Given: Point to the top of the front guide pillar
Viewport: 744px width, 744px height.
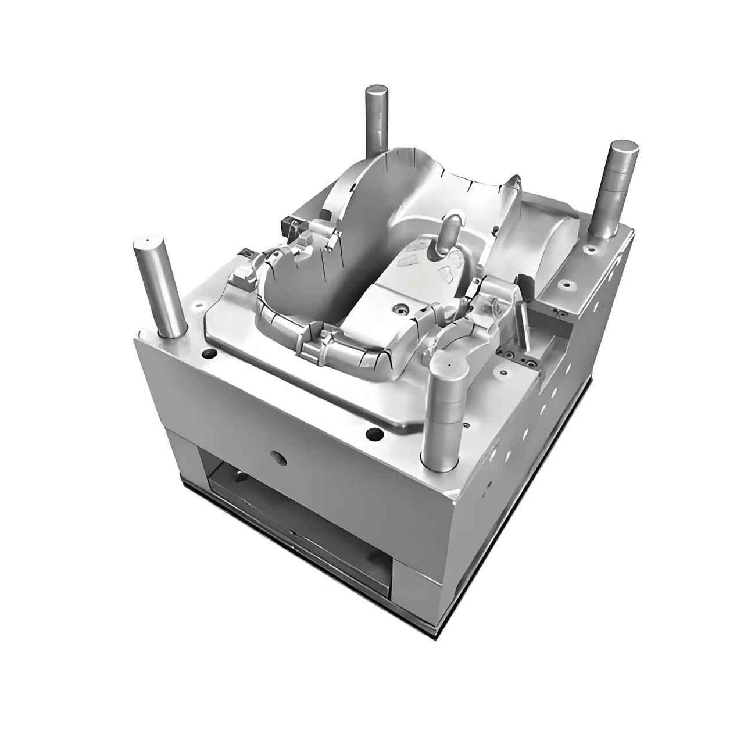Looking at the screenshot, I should click(449, 367).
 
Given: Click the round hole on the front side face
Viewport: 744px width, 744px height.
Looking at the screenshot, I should click(280, 457).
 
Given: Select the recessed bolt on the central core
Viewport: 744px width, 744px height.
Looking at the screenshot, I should click(402, 307).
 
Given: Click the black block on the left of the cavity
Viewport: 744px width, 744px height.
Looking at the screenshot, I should click(290, 226).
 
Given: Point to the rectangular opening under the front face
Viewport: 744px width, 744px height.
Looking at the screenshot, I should click(296, 512).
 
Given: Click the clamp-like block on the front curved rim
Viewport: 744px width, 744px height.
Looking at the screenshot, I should click(312, 351).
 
